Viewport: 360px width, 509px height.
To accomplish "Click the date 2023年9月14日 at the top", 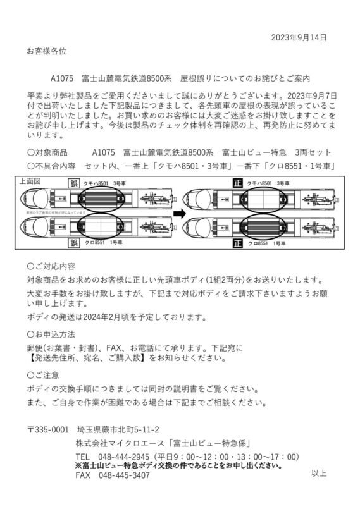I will point(299,38).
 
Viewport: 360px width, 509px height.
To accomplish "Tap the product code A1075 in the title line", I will point(63,80).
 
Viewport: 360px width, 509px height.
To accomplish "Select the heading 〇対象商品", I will point(48,152).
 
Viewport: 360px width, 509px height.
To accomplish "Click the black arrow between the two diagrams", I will point(179,213).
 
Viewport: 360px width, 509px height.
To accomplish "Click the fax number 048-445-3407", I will point(124,475).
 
